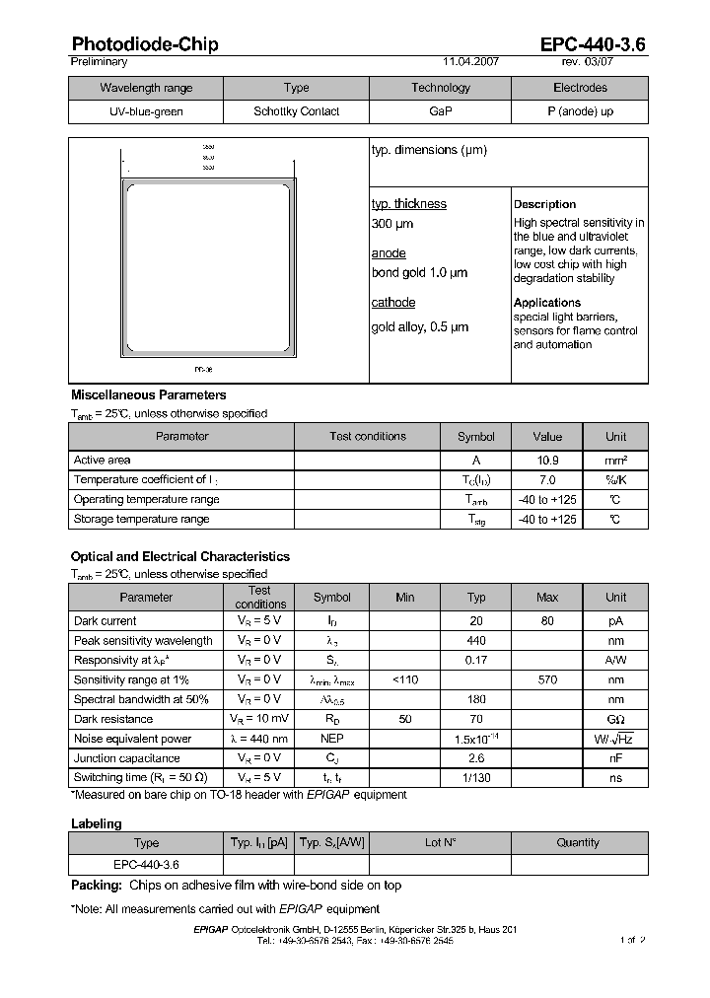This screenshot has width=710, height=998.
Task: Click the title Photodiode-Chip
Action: [x=145, y=44]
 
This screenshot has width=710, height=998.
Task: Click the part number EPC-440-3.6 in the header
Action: [x=593, y=44]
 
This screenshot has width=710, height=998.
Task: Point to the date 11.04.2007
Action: [x=470, y=61]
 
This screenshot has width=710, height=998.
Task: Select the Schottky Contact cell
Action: [x=296, y=111]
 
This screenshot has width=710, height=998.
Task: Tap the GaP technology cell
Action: [x=441, y=111]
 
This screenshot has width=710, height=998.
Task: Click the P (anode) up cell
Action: [x=580, y=111]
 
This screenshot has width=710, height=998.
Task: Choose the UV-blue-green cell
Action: [x=146, y=111]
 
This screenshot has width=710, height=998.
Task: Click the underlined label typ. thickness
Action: [x=408, y=204]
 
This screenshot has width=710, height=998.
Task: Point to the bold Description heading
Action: [x=544, y=204]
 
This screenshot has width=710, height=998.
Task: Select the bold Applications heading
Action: [x=547, y=303]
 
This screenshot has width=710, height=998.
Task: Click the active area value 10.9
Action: [x=547, y=461]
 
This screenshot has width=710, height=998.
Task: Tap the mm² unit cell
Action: [x=615, y=461]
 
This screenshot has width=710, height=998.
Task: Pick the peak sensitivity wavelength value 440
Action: [x=476, y=641]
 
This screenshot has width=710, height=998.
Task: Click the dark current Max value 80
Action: [x=547, y=621]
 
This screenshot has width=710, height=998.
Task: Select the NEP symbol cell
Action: [x=332, y=739]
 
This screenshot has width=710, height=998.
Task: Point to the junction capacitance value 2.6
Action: [x=476, y=758]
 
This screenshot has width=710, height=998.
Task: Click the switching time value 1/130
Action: [x=476, y=778]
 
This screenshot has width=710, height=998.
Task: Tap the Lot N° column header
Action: [x=440, y=843]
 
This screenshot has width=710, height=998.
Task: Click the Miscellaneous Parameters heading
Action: [x=148, y=395]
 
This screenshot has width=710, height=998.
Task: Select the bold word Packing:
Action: [x=97, y=886]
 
